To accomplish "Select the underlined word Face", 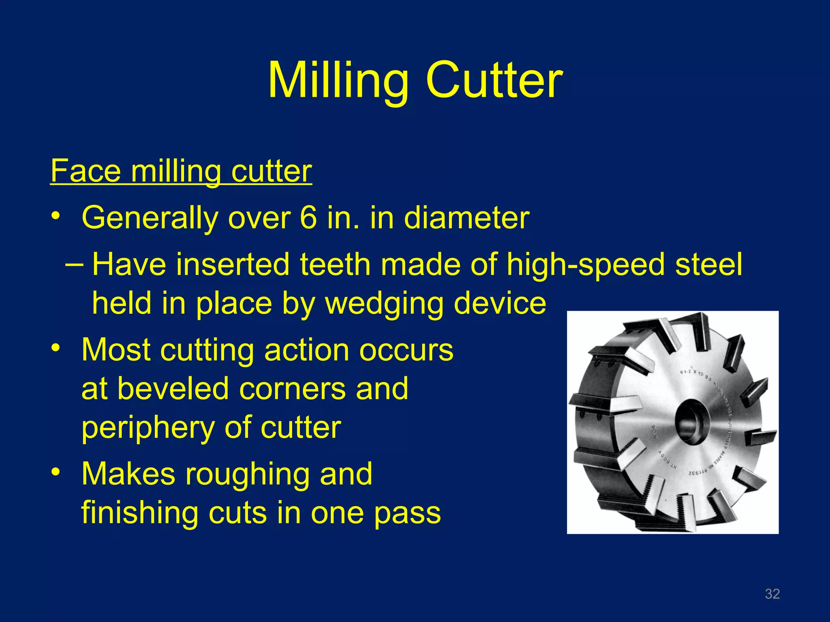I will coord(86,171).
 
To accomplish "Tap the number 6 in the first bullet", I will coord(308,218).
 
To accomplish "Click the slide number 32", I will coord(772,594).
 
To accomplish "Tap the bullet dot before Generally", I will coord(56,215).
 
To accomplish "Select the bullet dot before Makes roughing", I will coord(56,471).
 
